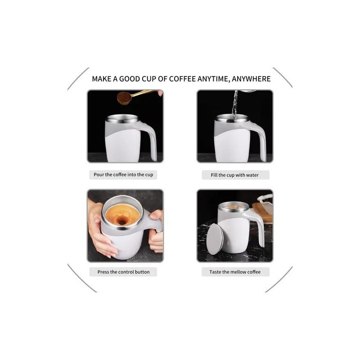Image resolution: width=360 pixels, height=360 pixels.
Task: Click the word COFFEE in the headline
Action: [x=182, y=79]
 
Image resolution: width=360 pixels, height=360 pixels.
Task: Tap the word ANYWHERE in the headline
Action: [x=251, y=79]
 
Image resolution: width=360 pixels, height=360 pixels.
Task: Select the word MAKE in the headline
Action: [x=102, y=79]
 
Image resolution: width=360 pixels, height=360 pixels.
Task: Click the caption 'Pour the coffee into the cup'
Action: [x=123, y=175]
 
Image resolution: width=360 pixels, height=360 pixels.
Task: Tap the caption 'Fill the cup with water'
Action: [x=234, y=175]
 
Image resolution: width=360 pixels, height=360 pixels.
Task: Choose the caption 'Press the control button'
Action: [x=123, y=272]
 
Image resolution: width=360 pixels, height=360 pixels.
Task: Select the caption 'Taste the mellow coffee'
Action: [x=235, y=272]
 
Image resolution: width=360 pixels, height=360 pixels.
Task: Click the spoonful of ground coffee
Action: [x=124, y=98]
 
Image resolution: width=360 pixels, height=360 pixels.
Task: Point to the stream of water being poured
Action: [x=234, y=105]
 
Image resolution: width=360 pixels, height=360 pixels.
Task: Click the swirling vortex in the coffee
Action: [x=121, y=221]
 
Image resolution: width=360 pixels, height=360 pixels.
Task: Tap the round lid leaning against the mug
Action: [x=215, y=239]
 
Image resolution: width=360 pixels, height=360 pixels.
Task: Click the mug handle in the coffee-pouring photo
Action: [x=150, y=140]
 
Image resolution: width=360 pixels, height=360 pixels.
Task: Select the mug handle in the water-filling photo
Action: [x=260, y=140]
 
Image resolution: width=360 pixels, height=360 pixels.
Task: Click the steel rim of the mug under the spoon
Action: [x=122, y=119]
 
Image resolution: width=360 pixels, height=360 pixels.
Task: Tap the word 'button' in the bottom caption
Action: [x=142, y=272]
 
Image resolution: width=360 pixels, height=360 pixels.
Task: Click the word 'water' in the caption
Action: [x=252, y=175]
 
